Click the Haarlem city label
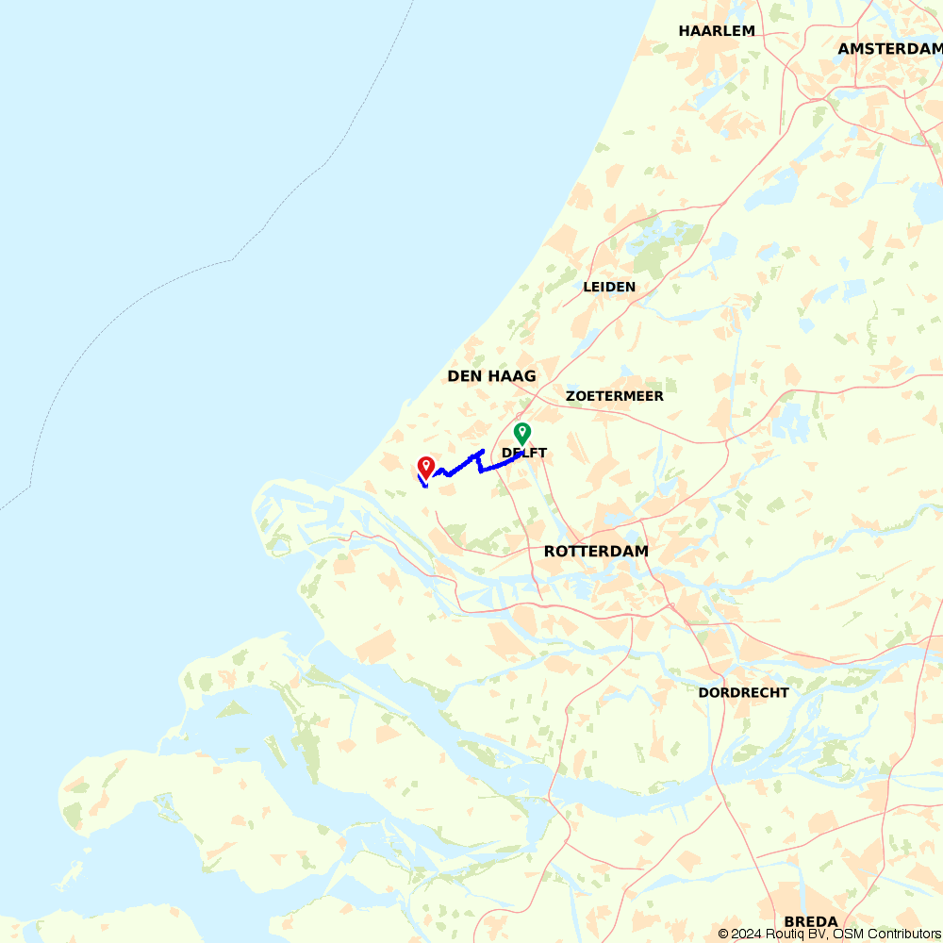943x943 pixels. point(717,30)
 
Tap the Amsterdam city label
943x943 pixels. point(890,48)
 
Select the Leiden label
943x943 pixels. point(609,287)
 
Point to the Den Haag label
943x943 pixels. point(491,376)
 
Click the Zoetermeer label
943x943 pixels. point(615,396)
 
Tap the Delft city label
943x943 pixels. point(524,454)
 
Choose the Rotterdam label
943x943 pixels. point(596,551)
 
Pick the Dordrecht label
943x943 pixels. point(743,692)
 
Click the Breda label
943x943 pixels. point(810,921)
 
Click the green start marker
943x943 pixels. point(521,433)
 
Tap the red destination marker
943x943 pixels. point(425,467)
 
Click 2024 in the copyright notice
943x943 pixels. point(748,934)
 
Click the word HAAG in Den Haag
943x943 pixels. point(512,376)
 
